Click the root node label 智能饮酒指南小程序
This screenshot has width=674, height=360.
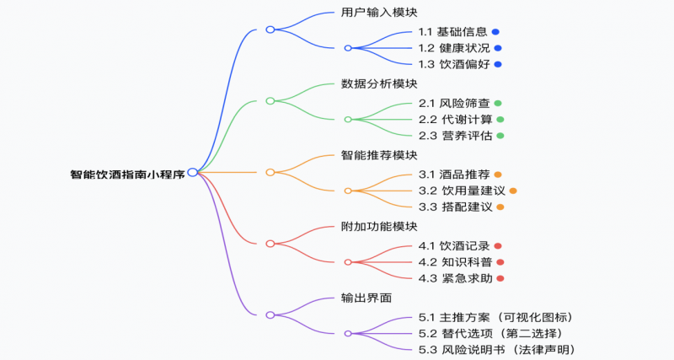click(x=127, y=175)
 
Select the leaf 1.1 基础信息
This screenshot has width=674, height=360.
click(x=452, y=32)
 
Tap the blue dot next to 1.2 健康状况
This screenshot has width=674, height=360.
click(x=498, y=48)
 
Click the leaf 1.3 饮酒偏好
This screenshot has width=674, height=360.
click(x=452, y=64)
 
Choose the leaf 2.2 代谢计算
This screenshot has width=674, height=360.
click(x=452, y=120)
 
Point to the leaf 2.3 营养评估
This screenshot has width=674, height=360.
click(x=452, y=136)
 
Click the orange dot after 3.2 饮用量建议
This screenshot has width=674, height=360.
click(x=512, y=191)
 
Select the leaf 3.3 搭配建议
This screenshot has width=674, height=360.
click(x=452, y=207)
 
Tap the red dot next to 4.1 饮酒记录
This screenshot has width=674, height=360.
click(x=498, y=246)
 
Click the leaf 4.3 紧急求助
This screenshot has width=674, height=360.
click(x=452, y=278)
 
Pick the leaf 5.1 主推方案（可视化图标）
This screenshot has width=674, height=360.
click(x=496, y=317)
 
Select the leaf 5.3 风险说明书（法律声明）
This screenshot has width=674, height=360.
click(x=496, y=349)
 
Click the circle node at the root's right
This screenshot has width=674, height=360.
click(x=193, y=172)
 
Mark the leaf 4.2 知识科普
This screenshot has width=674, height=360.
click(x=452, y=262)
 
